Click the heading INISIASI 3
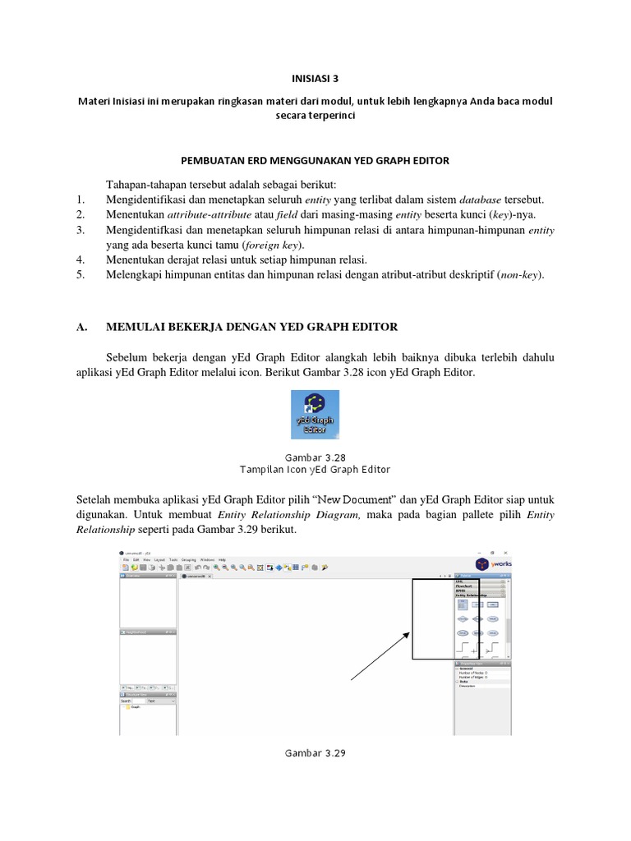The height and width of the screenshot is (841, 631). click(315, 79)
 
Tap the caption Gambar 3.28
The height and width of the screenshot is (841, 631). click(315, 457)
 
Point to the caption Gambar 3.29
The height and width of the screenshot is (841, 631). click(315, 752)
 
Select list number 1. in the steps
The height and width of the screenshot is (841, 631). click(80, 200)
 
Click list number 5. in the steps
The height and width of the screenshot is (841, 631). click(80, 275)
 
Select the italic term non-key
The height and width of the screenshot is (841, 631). click(520, 275)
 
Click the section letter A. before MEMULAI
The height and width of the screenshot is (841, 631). click(81, 327)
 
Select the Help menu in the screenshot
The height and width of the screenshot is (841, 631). click(222, 558)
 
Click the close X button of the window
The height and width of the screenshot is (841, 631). click(505, 553)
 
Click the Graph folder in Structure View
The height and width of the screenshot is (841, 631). click(134, 707)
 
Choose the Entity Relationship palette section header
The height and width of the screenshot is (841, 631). click(472, 595)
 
